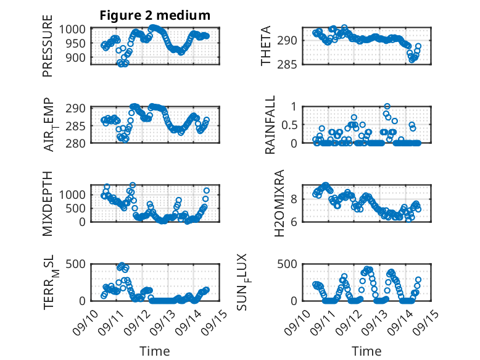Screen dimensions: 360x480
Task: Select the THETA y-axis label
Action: coord(266,46)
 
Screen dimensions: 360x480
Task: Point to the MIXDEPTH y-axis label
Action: coord(48,204)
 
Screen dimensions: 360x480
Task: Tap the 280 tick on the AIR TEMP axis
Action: coord(80,143)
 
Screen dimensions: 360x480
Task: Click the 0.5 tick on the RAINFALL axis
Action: coord(289,125)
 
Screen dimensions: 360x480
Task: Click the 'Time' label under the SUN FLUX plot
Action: coord(366,351)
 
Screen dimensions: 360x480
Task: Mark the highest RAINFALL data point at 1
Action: coord(387,106)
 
